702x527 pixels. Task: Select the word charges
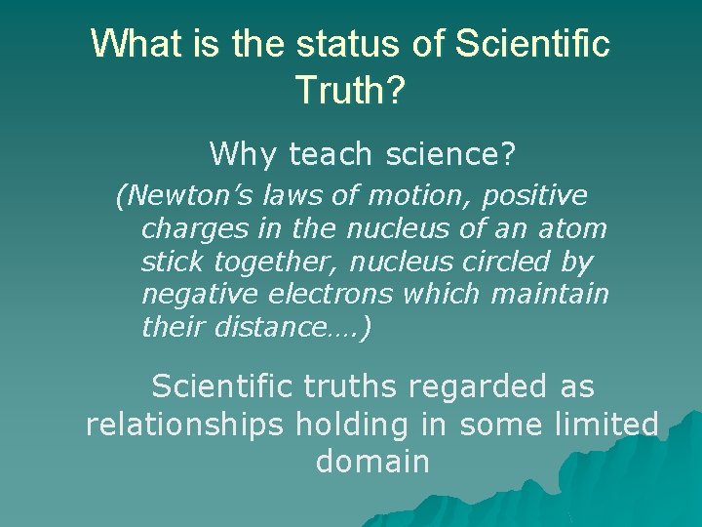(x=183, y=229)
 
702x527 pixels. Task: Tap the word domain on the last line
(x=371, y=461)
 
